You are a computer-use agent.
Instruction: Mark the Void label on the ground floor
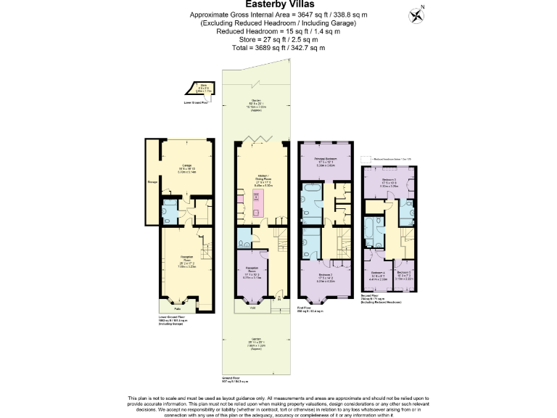point(252,307)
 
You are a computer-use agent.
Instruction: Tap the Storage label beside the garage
point(152,182)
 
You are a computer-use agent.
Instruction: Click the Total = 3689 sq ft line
point(278,48)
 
